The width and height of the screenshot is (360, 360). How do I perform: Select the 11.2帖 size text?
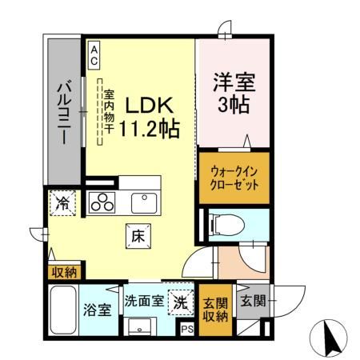click(149, 127)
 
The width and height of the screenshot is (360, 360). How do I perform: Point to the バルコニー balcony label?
click(65, 113)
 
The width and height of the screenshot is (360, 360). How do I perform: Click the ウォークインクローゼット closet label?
click(234, 177)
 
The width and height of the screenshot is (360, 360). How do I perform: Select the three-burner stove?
click(103, 203)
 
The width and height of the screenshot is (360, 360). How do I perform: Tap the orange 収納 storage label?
click(62, 271)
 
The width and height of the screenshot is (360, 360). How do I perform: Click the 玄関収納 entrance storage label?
click(214, 308)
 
